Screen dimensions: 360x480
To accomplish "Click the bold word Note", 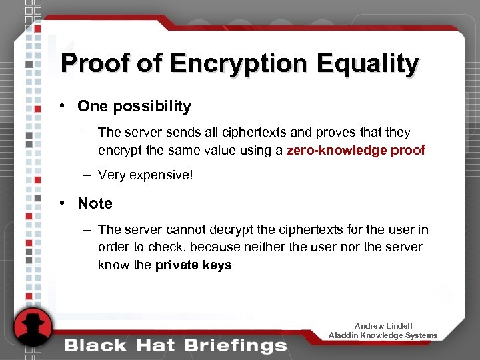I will pos(95,203).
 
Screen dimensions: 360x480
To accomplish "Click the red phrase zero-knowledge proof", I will pos(355,150).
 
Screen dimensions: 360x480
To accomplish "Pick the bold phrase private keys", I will pos(193,265).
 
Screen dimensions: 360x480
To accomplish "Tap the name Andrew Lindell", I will pos(383,326).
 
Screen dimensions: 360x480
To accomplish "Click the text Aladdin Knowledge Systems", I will pos(383,335).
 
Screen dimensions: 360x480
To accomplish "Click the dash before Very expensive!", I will pos(87,175).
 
